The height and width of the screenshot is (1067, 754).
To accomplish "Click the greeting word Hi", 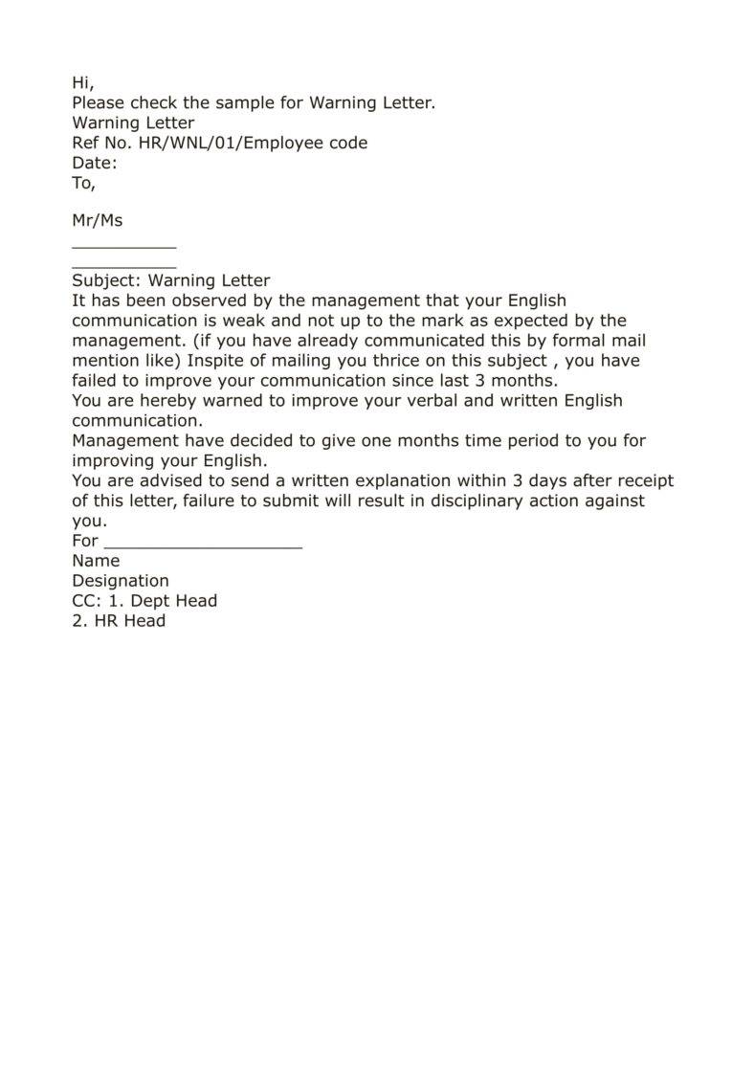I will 82,83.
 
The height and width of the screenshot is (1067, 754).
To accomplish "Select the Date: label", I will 95,164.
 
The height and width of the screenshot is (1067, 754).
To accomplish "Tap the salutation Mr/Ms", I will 98,221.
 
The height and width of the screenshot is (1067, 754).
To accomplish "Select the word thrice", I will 407,362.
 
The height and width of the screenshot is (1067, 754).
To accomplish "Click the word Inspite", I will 217,362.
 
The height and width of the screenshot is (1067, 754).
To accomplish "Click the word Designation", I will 121,581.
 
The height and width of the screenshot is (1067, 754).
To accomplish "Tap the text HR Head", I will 130,621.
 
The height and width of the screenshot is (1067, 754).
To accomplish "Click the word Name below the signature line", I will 96,561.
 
